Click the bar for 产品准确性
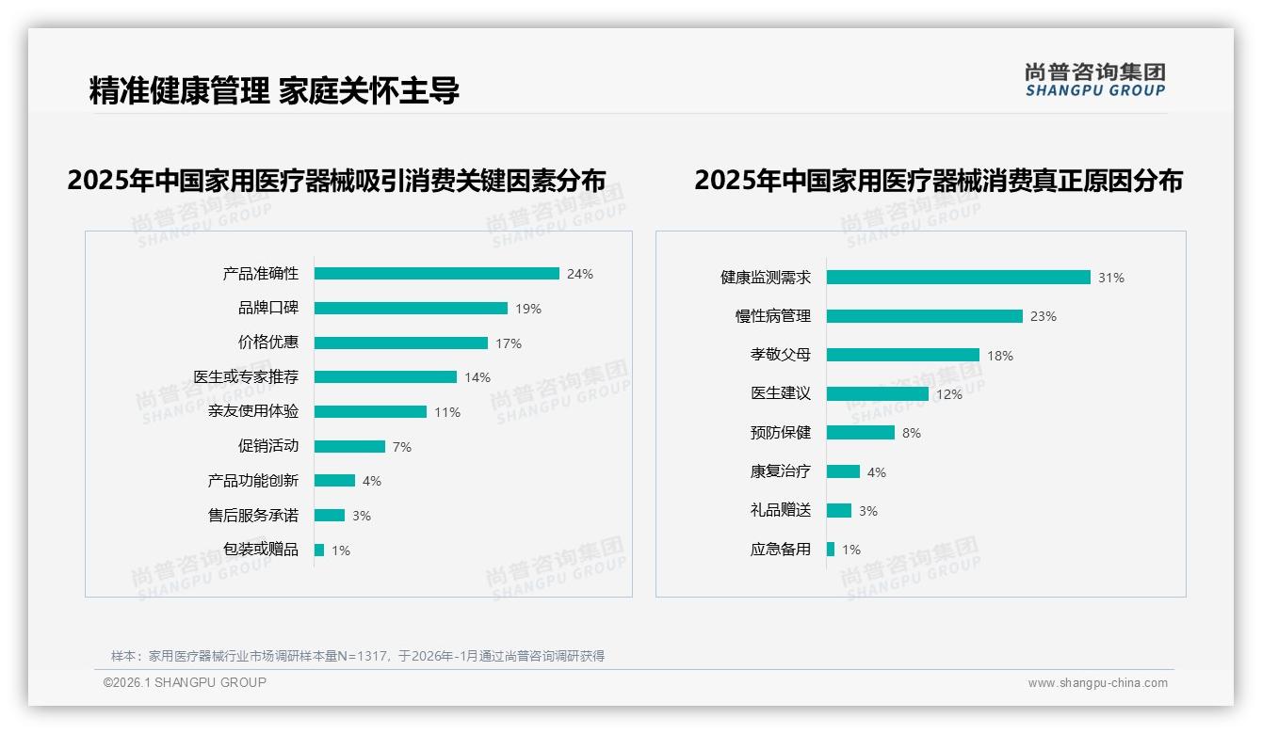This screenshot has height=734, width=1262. [x=436, y=274]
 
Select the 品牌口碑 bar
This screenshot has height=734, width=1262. [x=411, y=309]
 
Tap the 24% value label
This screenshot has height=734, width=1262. [x=580, y=275]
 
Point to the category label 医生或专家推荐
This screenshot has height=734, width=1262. [x=246, y=377]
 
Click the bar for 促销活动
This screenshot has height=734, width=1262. [x=349, y=446]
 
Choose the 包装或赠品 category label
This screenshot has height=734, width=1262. [x=260, y=550]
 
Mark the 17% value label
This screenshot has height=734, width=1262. [x=509, y=343]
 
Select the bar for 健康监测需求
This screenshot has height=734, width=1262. [x=958, y=278]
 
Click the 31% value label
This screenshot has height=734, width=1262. [x=1111, y=278]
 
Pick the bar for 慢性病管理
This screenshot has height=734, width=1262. [x=924, y=316]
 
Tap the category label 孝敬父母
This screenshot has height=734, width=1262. [x=780, y=355]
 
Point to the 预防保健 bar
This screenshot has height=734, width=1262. [x=860, y=433]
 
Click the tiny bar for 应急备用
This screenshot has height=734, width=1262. [x=831, y=550]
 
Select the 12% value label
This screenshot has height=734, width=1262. [x=949, y=394]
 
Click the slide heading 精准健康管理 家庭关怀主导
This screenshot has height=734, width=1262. [x=274, y=91]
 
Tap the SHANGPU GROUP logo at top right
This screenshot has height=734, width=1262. [x=1094, y=80]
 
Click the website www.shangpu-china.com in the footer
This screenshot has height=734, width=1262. [x=1097, y=683]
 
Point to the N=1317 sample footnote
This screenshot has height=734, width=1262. [x=358, y=656]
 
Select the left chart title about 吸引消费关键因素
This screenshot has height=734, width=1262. [x=336, y=181]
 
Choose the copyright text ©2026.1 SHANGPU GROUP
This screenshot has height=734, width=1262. [x=185, y=682]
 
